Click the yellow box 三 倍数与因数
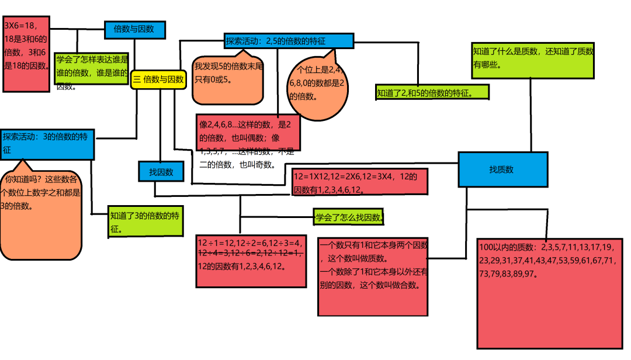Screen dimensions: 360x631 [x=158, y=79]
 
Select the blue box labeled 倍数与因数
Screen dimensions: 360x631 [x=134, y=30]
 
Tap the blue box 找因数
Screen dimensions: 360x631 [x=161, y=172]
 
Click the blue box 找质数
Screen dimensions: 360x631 [x=502, y=170]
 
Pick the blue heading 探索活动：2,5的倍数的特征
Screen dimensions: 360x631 [x=289, y=41]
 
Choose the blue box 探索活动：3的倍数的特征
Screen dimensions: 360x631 [x=47, y=144]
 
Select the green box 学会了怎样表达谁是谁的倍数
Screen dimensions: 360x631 [x=92, y=70]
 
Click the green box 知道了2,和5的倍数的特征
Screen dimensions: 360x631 [x=432, y=92]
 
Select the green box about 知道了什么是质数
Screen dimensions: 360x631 [x=533, y=60]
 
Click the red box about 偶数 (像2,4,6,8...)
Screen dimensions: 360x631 [x=249, y=132]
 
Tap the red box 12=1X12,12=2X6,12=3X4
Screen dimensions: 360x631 [x=359, y=182]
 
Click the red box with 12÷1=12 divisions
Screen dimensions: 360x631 [x=251, y=261]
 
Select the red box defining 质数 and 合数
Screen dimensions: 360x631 [x=373, y=276]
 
